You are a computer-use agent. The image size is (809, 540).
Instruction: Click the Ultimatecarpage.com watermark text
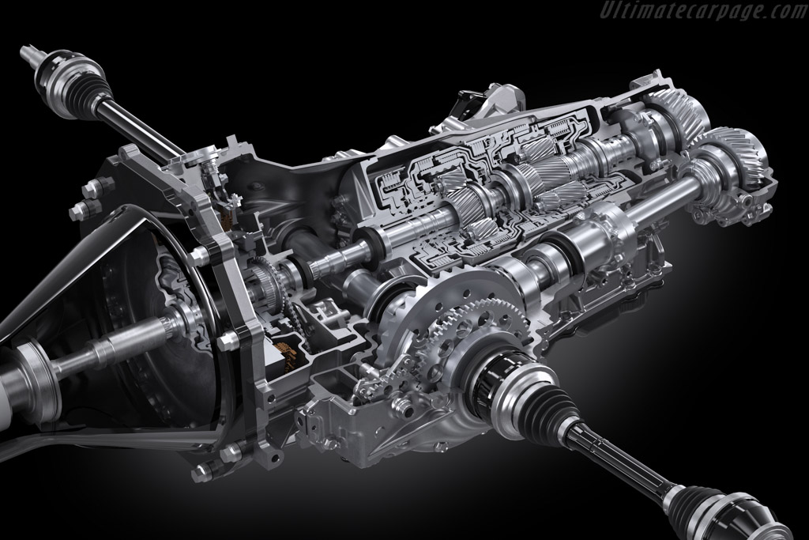[703, 9]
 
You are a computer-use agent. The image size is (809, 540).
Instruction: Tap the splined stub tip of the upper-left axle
[28, 52]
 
